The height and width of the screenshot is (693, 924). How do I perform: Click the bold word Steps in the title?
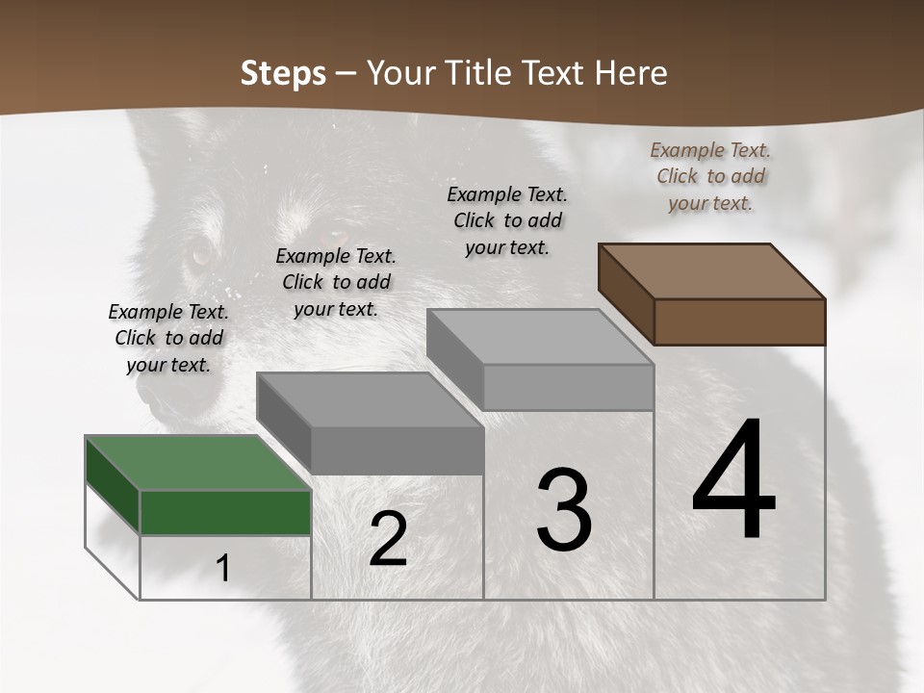click(283, 73)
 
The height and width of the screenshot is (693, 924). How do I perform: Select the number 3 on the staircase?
click(563, 510)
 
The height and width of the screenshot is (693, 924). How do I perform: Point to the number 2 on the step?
click(388, 539)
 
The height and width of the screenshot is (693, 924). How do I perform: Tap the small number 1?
click(223, 569)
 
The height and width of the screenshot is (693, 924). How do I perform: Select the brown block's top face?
click(711, 271)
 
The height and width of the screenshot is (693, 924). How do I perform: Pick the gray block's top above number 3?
click(540, 337)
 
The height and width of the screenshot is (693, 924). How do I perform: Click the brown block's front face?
click(739, 321)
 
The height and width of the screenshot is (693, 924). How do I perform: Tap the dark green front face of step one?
click(225, 512)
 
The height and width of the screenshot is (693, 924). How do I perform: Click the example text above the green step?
click(168, 338)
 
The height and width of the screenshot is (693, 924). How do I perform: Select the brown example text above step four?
click(710, 176)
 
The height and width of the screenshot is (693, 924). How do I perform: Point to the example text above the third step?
click(507, 220)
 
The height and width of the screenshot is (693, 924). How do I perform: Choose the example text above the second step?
click(336, 282)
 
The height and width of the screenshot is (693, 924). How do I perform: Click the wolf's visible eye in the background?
click(200, 255)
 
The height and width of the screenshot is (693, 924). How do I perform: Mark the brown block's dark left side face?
click(626, 293)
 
